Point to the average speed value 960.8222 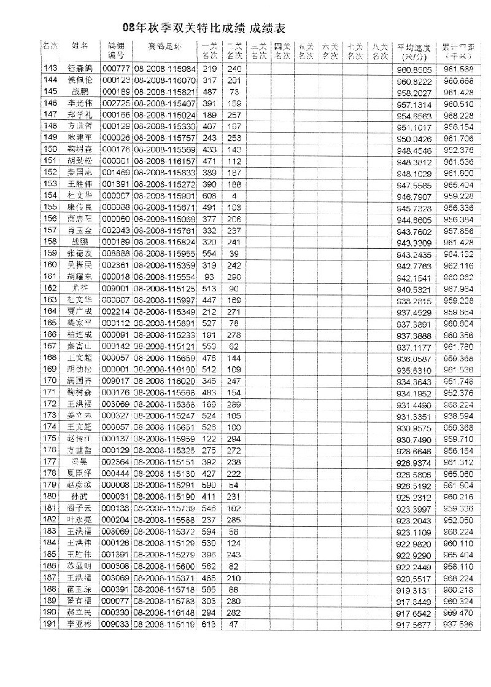pos(414,80)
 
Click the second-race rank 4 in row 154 pos(234,195)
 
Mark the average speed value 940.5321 pos(414,288)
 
